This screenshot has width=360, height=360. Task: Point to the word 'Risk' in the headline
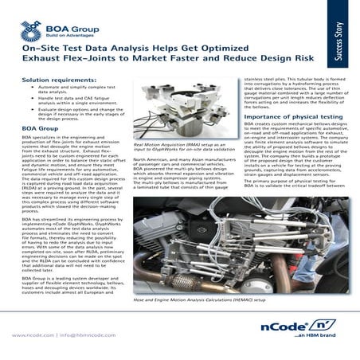pyautogui.click(x=295, y=60)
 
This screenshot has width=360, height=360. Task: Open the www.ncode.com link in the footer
pyautogui.click(x=32, y=335)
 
